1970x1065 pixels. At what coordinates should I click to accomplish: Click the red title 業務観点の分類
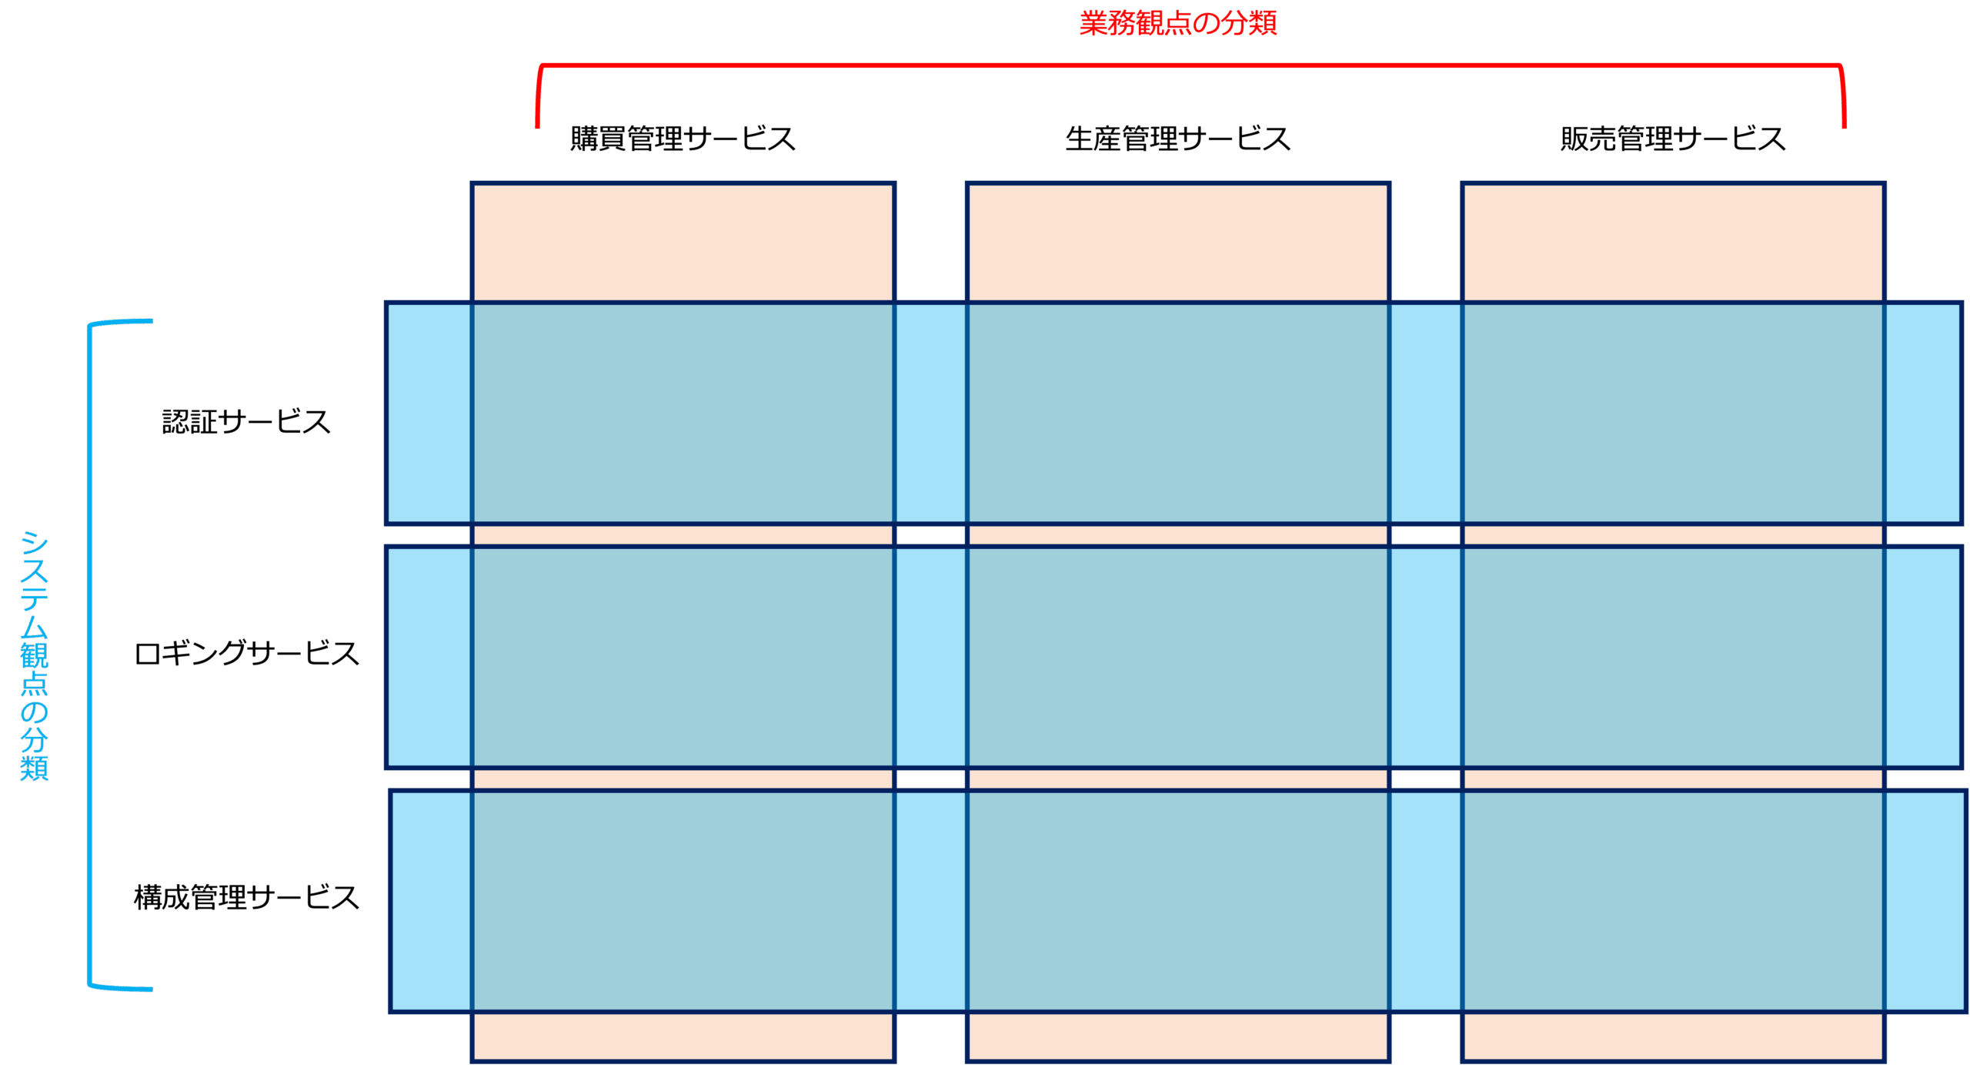point(1177,23)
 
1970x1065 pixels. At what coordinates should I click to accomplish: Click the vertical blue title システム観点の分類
point(35,655)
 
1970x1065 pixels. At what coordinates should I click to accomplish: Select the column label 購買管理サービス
point(683,139)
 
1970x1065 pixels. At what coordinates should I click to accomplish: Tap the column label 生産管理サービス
point(1177,139)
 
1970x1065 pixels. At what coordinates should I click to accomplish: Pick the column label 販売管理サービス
point(1673,139)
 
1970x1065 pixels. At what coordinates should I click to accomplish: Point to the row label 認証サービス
point(246,421)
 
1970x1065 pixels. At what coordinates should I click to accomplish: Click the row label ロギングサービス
point(246,653)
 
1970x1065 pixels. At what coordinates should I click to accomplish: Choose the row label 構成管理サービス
point(246,897)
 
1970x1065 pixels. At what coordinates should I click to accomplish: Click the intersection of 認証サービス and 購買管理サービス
point(683,414)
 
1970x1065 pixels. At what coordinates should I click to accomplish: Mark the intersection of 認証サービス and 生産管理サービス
point(1178,414)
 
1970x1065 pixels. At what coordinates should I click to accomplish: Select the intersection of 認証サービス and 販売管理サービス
point(1673,414)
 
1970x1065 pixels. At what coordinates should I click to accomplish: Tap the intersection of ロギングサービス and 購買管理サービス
point(683,657)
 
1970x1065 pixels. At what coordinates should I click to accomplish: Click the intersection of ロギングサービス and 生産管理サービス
point(1178,657)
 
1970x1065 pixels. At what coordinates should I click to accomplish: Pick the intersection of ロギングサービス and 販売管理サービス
point(1673,657)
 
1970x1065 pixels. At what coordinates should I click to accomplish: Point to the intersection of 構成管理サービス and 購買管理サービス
point(683,901)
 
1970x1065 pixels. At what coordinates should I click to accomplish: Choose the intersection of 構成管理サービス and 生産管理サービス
point(1178,901)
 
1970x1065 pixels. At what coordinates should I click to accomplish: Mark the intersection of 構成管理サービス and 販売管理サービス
point(1673,901)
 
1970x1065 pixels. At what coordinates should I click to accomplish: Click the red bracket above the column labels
point(1190,65)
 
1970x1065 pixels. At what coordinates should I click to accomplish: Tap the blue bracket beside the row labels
point(90,655)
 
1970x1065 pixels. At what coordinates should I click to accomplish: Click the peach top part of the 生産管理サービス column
point(1178,243)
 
